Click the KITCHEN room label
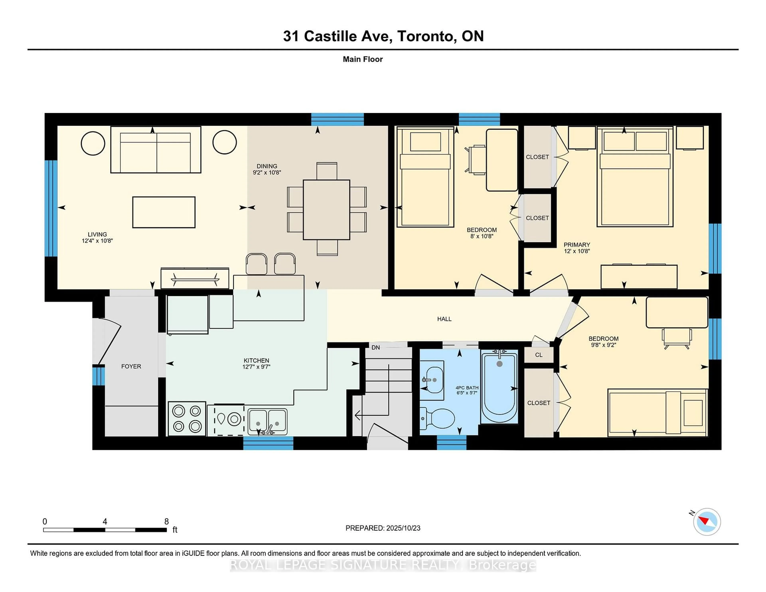click(256, 360)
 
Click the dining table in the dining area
click(326, 209)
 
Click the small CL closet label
click(539, 355)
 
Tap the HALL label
click(444, 319)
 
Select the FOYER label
click(131, 366)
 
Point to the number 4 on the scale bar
click(105, 522)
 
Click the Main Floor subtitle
click(363, 59)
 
